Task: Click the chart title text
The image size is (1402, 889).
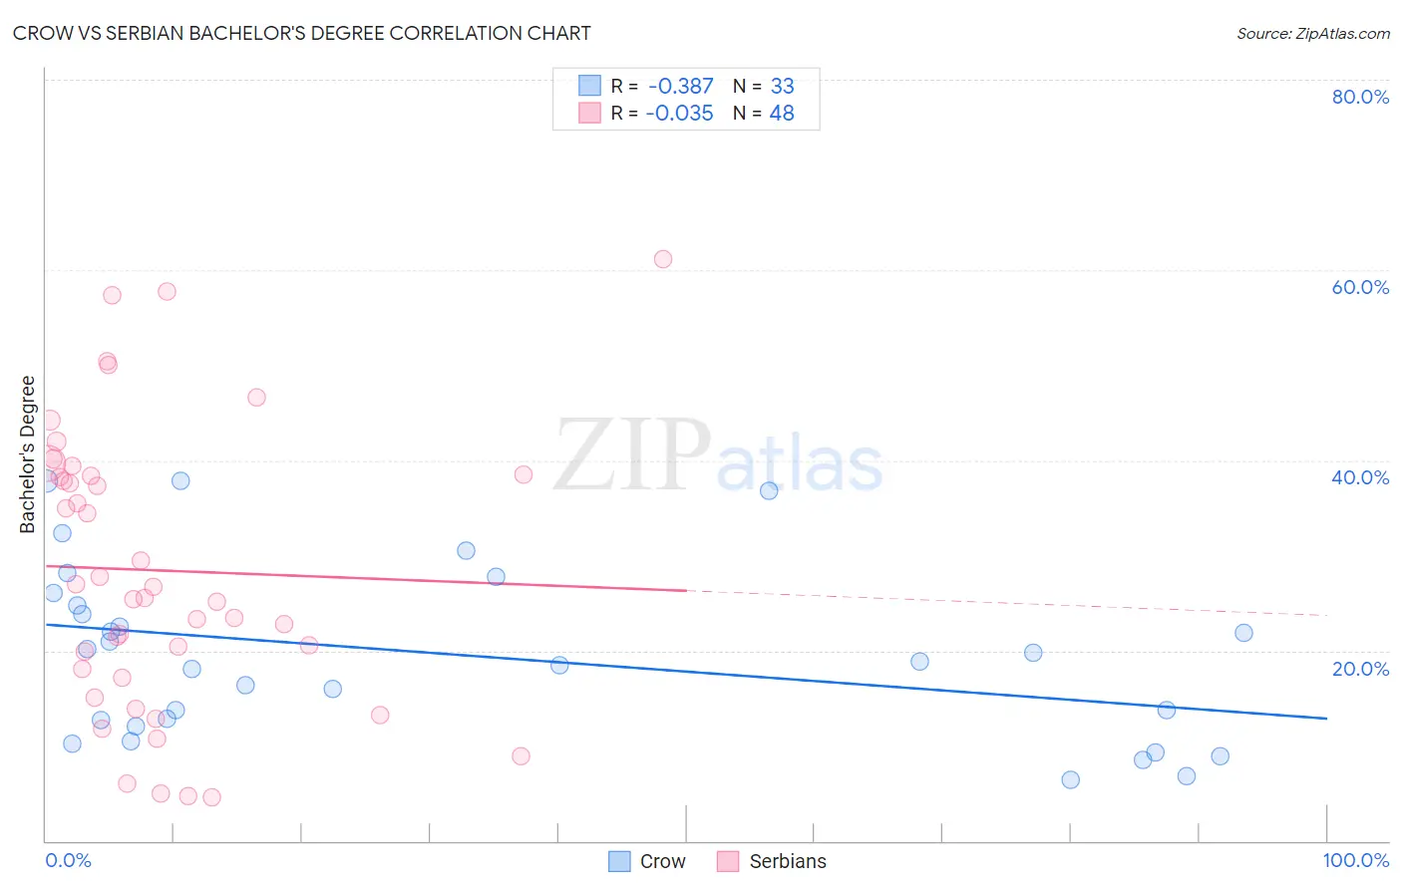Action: pos(301,33)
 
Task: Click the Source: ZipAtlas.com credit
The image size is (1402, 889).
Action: pos(1312,33)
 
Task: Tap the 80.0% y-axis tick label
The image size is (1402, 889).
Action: pos(1360,97)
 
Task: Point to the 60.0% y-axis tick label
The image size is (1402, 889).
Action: pos(1360,287)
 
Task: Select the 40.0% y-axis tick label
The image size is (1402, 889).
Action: pos(1360,477)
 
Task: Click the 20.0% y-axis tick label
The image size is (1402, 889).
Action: pos(1360,669)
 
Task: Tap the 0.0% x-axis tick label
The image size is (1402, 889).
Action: pos(68,860)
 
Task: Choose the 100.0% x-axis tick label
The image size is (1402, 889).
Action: pos(1355,860)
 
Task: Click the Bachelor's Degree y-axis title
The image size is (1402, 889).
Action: pos(28,454)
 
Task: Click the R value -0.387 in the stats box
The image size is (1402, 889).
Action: pos(680,87)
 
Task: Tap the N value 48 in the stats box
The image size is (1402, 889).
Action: pos(782,114)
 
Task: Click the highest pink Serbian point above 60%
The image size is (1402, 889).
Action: pos(663,259)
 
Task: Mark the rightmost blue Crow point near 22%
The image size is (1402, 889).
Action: pos(1243,633)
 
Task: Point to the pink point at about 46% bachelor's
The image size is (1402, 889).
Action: pos(256,398)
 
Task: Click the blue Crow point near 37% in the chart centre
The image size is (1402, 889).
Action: pos(769,490)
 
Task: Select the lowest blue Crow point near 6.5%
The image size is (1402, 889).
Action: pos(1070,779)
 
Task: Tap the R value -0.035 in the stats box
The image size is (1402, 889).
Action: pos(680,114)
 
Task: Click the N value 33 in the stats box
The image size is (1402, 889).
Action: pos(782,87)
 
